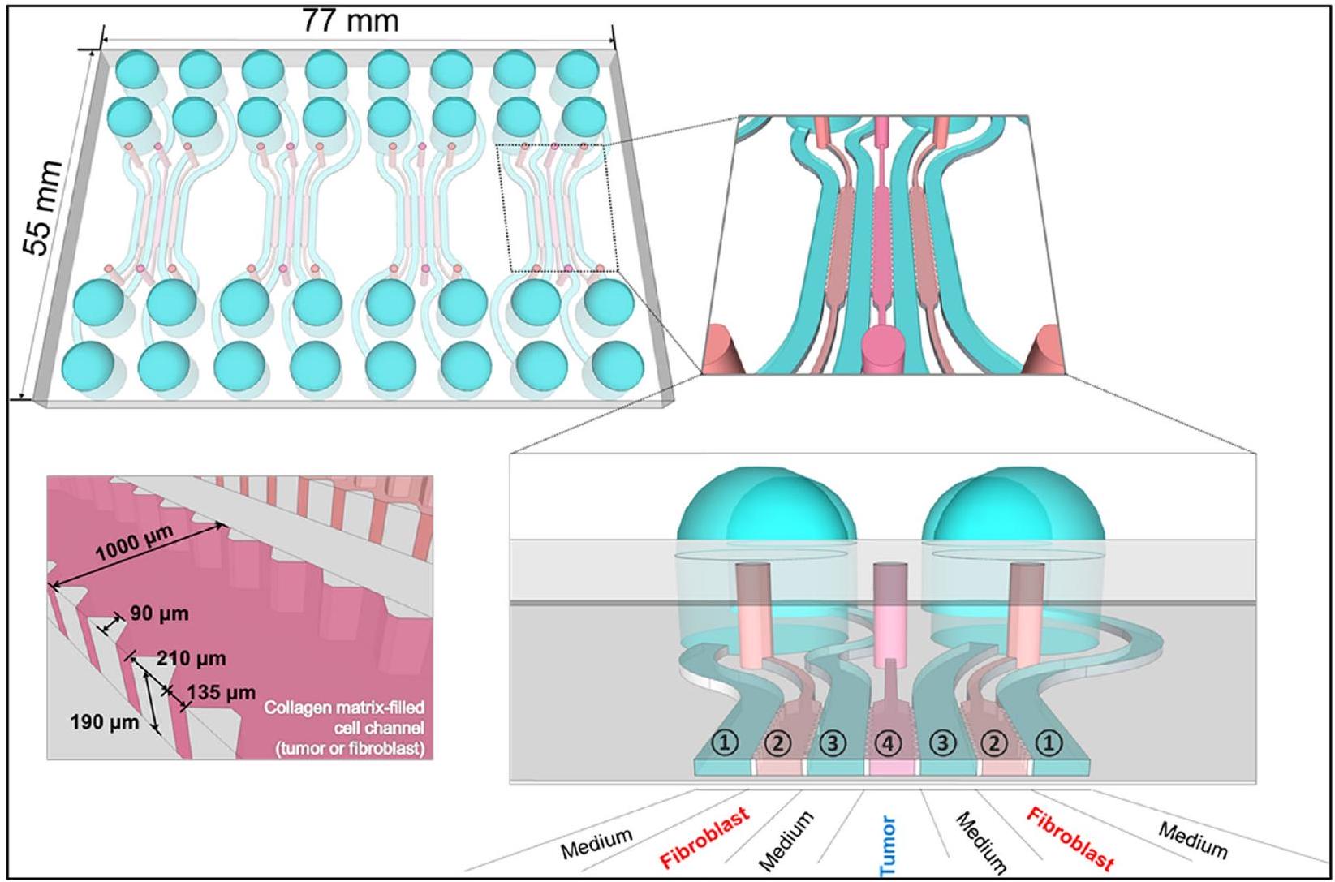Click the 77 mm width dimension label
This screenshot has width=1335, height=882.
(351, 20)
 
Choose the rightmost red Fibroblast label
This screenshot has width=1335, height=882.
(1070, 838)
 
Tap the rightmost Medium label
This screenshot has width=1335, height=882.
(1193, 840)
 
